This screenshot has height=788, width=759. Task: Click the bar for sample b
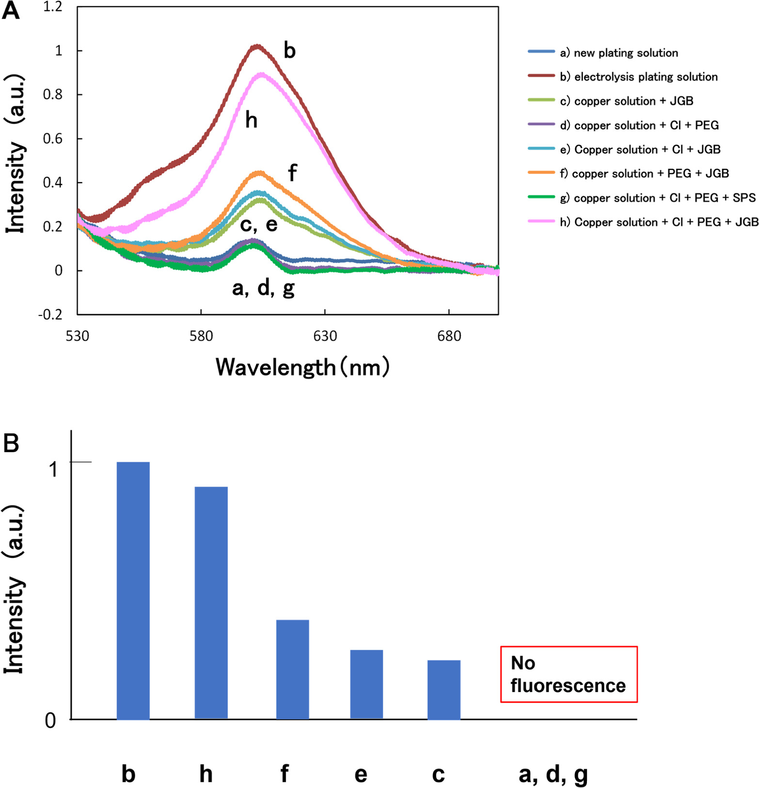133,590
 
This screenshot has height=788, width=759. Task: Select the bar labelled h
211,602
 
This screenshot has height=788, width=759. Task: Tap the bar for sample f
292,669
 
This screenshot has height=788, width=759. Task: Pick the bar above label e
366,684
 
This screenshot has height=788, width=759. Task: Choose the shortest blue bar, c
443,689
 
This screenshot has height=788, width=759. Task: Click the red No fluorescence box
568,674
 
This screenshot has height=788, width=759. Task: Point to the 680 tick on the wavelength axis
449,336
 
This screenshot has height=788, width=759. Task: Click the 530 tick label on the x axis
77,336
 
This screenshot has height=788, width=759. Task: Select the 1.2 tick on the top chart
53,7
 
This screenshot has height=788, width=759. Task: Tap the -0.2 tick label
50,314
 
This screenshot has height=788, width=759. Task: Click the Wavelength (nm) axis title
302,367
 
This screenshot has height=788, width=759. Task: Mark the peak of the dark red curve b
257,46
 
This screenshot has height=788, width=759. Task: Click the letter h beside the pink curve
251,120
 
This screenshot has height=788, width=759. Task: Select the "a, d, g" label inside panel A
263,288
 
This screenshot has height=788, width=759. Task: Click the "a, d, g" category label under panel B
553,774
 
